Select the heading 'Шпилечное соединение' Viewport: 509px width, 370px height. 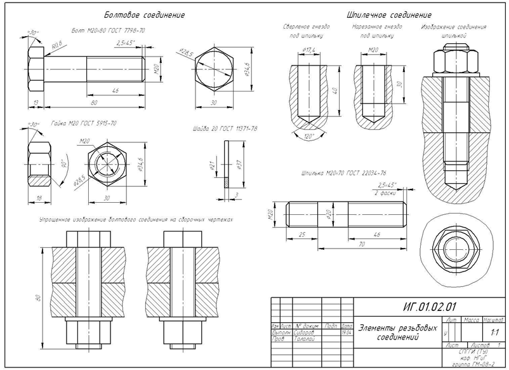[389, 14]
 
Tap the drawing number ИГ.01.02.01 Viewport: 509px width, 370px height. [430, 306]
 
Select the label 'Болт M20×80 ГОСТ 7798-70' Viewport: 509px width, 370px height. [109, 31]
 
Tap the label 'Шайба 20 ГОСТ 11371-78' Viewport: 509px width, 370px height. [225, 128]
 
